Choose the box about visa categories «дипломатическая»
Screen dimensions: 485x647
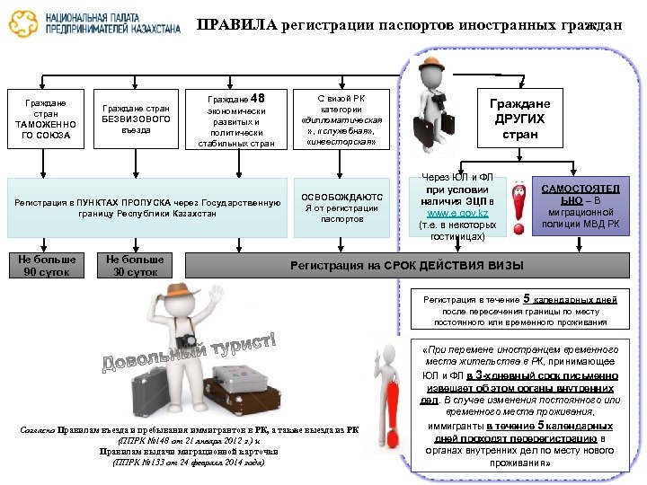341,119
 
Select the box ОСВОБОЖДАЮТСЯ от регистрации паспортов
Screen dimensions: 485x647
341,207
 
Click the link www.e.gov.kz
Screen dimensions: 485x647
458,214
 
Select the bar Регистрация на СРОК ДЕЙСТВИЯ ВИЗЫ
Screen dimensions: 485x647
404,265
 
